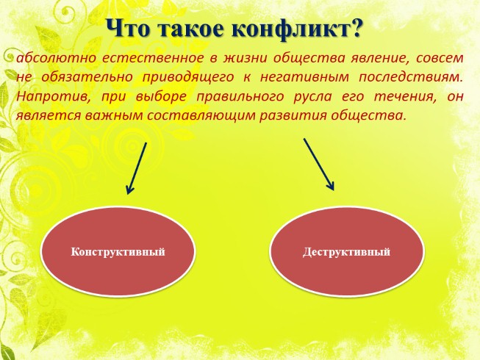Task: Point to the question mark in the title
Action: (357, 29)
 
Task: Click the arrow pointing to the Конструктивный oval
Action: (137, 168)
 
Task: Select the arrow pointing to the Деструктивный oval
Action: (319, 164)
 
